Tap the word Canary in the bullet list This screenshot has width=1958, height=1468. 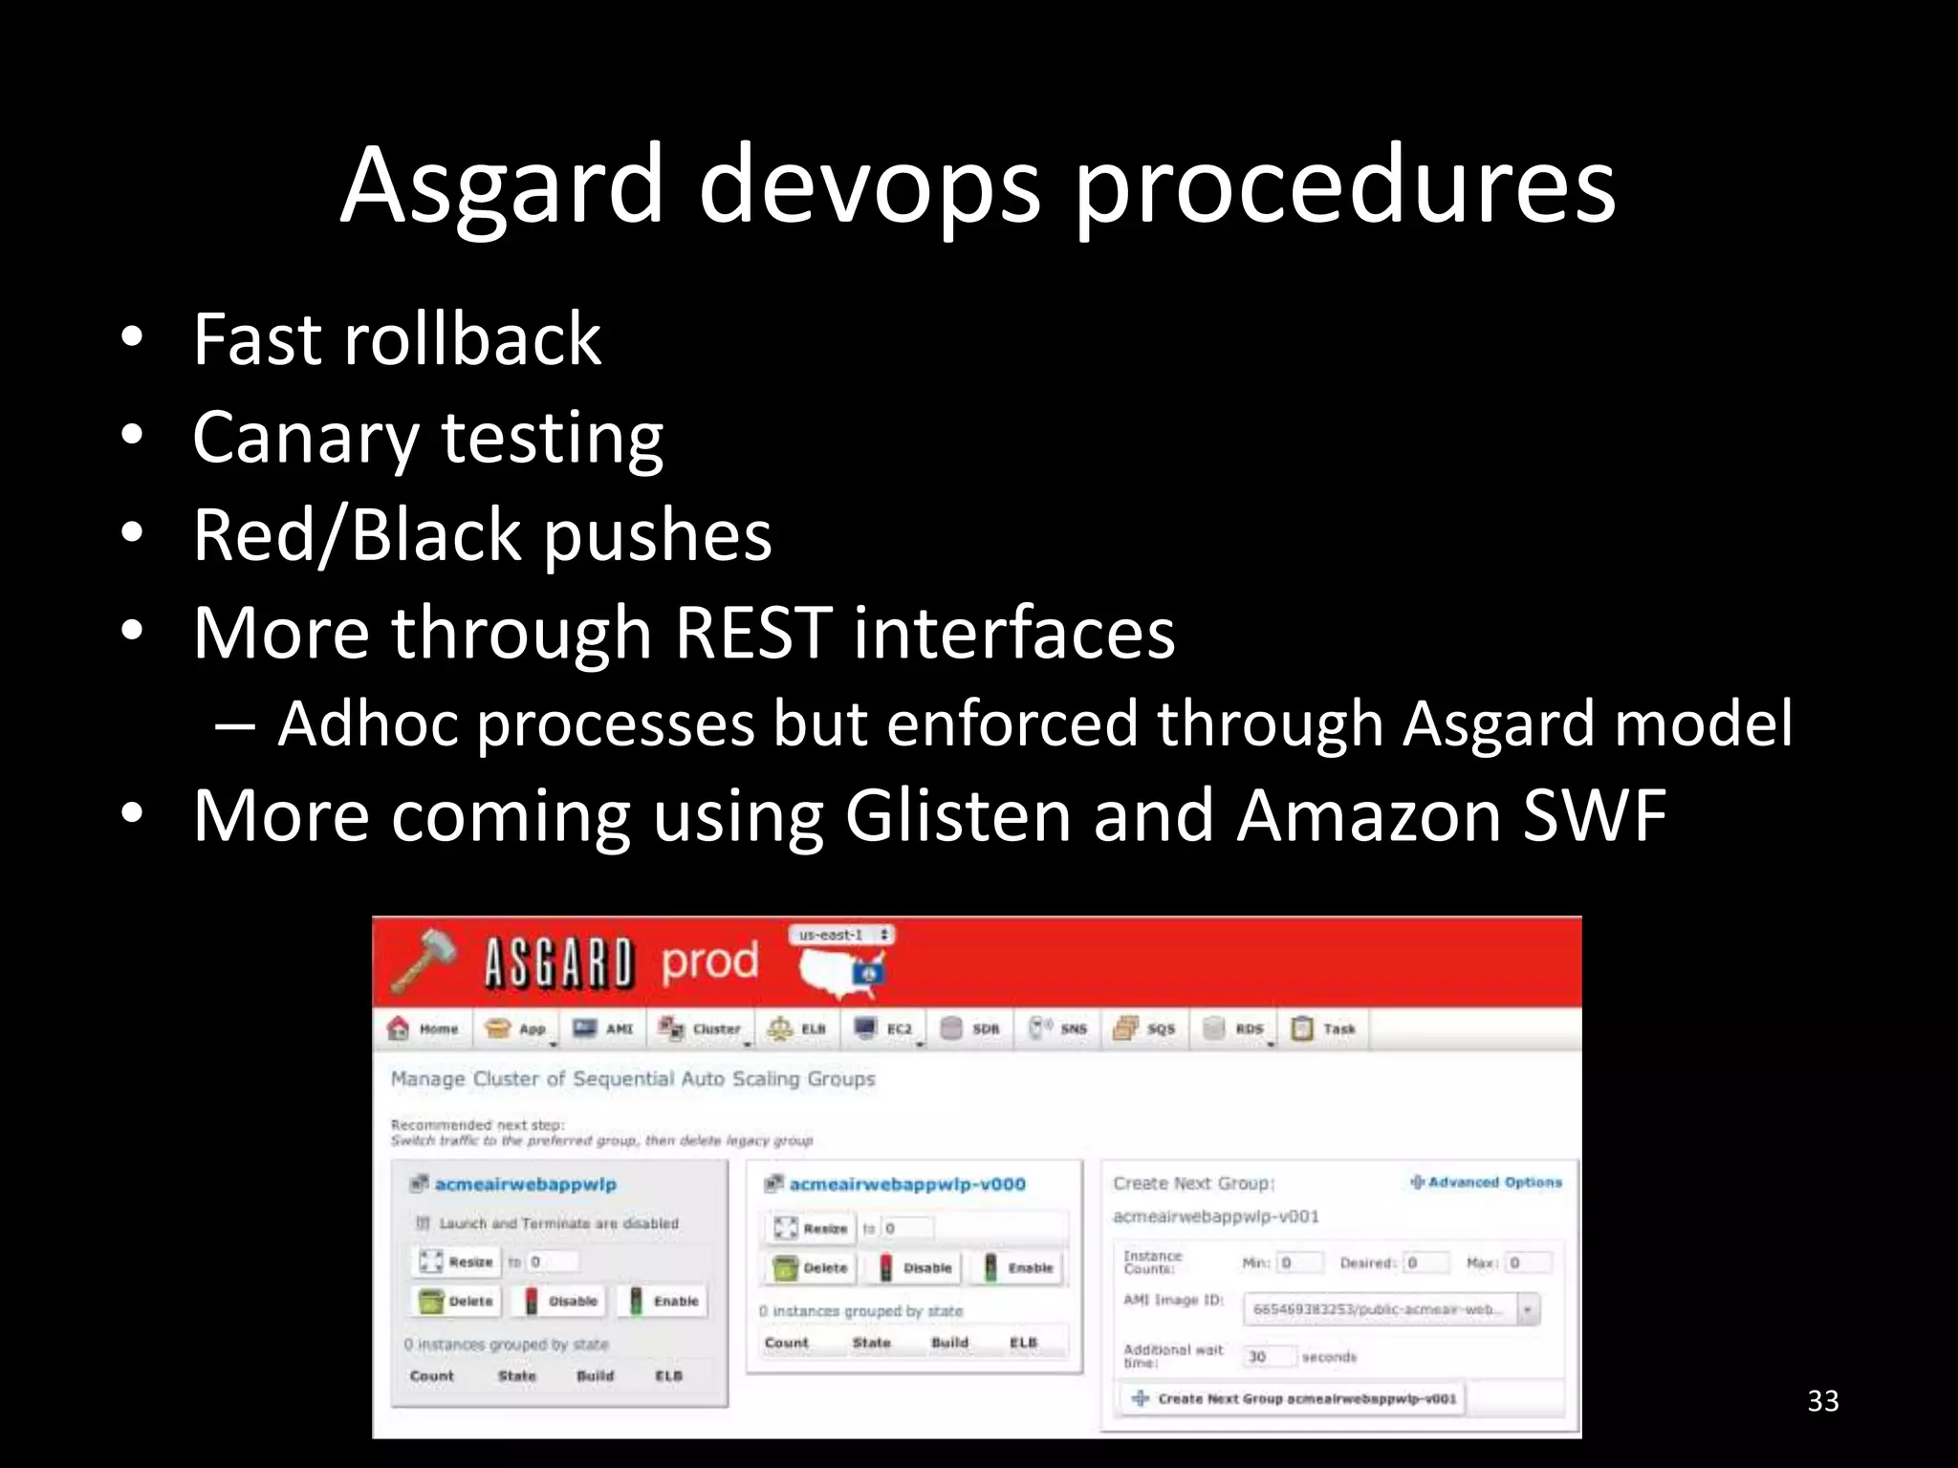click(x=305, y=437)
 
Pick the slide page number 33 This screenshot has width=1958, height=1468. click(x=1823, y=1401)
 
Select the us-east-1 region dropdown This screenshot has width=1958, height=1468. click(x=842, y=935)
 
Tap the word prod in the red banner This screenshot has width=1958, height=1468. click(x=709, y=961)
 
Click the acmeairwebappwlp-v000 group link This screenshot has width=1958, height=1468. click(x=906, y=1184)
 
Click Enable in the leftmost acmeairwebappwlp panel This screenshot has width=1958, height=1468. click(x=665, y=1301)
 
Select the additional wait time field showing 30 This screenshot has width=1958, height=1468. click(x=1270, y=1356)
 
